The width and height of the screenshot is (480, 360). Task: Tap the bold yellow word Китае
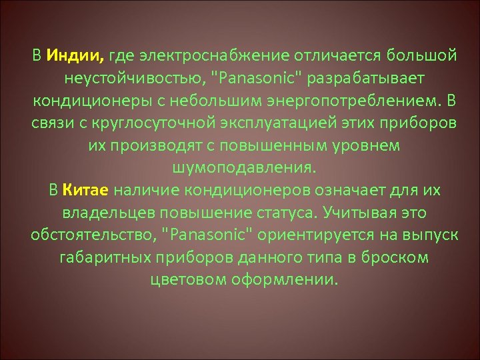(87, 191)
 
